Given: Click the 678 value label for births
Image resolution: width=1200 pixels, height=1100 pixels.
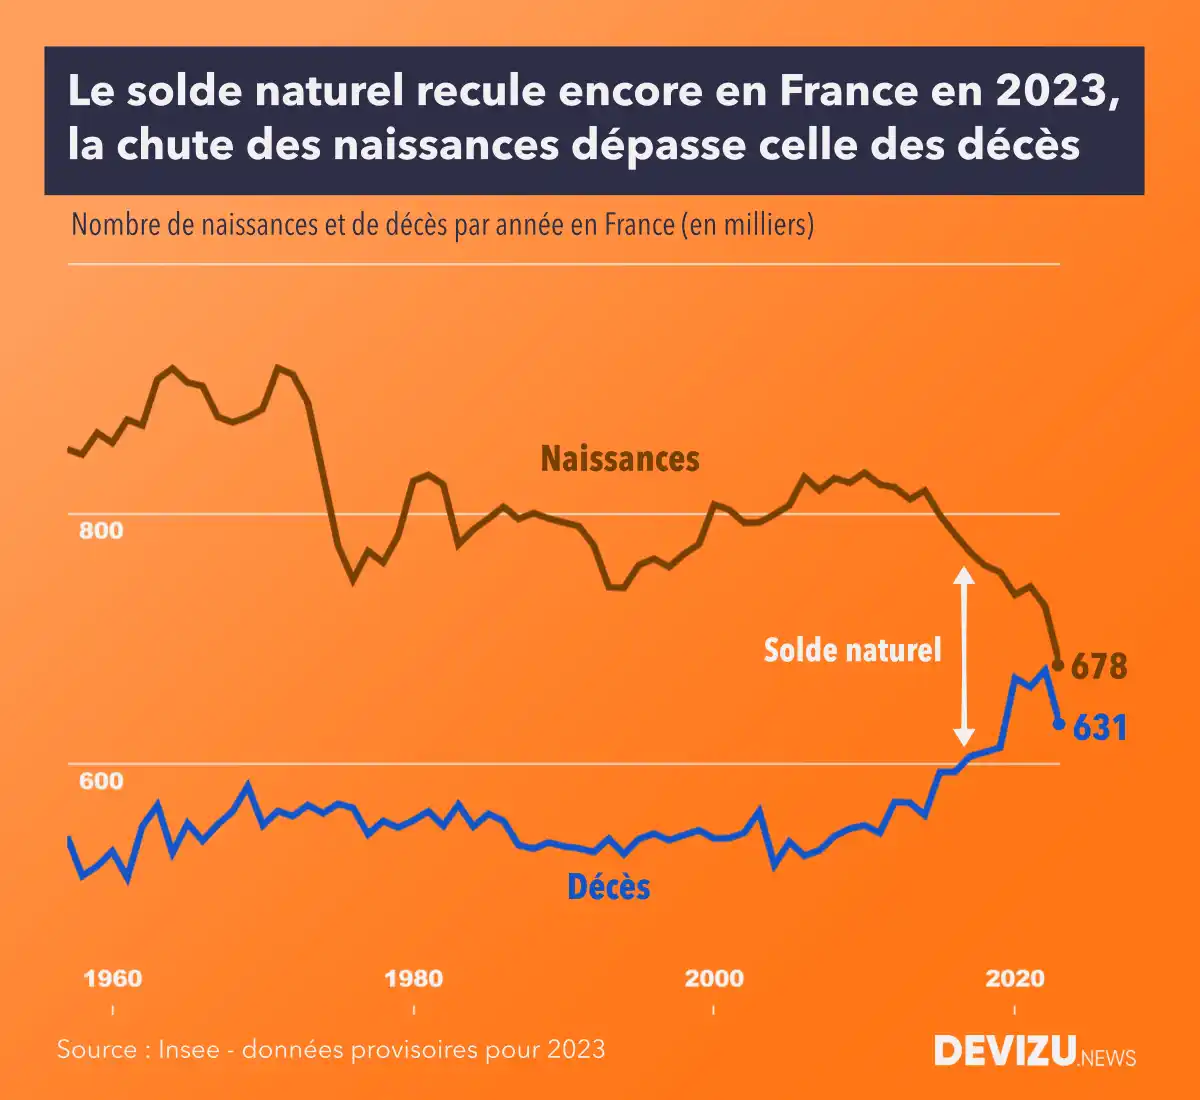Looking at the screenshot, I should point(1099,666).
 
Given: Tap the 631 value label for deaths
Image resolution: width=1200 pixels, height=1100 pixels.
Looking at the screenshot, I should point(1100,728).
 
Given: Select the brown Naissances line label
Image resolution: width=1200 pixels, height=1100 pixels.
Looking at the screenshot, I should point(620,459).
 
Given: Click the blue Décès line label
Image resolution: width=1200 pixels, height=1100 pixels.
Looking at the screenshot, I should point(608,887).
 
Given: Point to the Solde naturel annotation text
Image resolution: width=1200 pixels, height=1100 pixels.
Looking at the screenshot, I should point(852,650).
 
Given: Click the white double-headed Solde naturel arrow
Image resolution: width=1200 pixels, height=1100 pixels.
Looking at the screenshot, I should point(963,656).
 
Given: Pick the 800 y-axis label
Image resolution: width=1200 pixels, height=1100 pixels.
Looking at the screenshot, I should point(101,530).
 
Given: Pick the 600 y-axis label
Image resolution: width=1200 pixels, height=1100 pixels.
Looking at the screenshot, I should point(101,781).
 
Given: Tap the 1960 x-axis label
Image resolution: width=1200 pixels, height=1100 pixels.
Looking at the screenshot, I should point(113,978).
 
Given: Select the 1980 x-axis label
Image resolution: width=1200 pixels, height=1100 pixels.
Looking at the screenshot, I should point(413,978).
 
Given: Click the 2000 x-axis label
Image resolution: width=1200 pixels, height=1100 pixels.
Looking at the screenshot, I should point(713,978).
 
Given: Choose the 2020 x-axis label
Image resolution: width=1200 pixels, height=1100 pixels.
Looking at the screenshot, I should point(1014,978).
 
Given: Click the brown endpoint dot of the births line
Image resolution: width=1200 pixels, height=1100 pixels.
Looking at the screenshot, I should point(1058,665).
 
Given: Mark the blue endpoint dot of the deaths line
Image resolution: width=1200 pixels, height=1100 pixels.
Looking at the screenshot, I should point(1059,723).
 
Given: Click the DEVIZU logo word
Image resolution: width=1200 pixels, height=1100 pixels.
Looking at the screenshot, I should point(1005,1051).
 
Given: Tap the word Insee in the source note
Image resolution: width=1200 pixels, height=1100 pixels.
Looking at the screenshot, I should point(189,1049).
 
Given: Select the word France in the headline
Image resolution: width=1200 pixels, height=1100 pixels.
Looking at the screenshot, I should point(848,91).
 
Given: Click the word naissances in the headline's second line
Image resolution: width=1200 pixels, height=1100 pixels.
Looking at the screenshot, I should point(445,145).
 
